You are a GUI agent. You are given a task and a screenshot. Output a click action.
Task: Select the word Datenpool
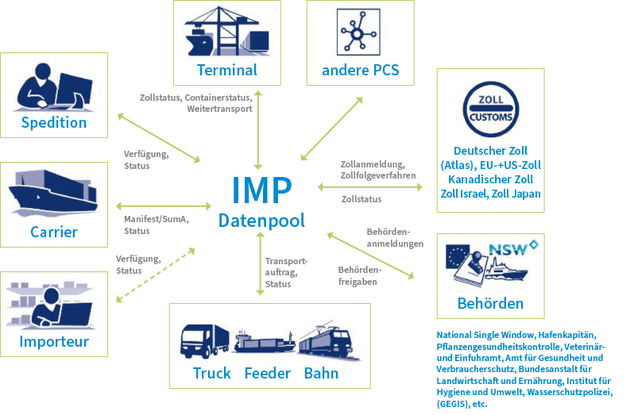[261, 221]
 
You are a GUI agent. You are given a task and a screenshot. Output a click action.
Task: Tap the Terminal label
[227, 70]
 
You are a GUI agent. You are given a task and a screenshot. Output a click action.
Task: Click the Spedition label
[54, 122]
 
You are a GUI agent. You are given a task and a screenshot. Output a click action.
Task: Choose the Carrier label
[54, 232]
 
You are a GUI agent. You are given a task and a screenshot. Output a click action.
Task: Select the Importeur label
[55, 342]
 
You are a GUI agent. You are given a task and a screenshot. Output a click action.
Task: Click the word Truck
[212, 373]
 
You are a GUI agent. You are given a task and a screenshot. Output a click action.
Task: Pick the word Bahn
[321, 373]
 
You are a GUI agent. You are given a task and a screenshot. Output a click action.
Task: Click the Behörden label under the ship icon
[490, 303]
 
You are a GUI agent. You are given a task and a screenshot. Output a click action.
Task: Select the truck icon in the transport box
[205, 342]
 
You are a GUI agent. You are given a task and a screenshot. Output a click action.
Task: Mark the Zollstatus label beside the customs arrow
[361, 199]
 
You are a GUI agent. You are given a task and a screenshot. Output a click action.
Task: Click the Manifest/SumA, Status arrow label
[156, 225]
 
